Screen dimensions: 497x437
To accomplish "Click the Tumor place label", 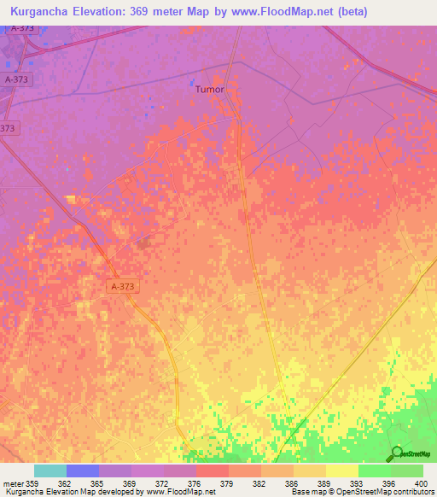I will tap(210, 89).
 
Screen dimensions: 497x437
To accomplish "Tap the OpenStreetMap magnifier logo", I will tap(395, 453).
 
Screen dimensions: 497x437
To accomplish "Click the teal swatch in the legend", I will tap(50, 471).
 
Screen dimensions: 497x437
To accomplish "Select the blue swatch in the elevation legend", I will tap(83, 471).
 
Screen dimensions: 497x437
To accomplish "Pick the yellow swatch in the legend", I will tap(342, 471).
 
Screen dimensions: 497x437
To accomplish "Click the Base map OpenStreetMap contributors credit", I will tap(361, 492).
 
